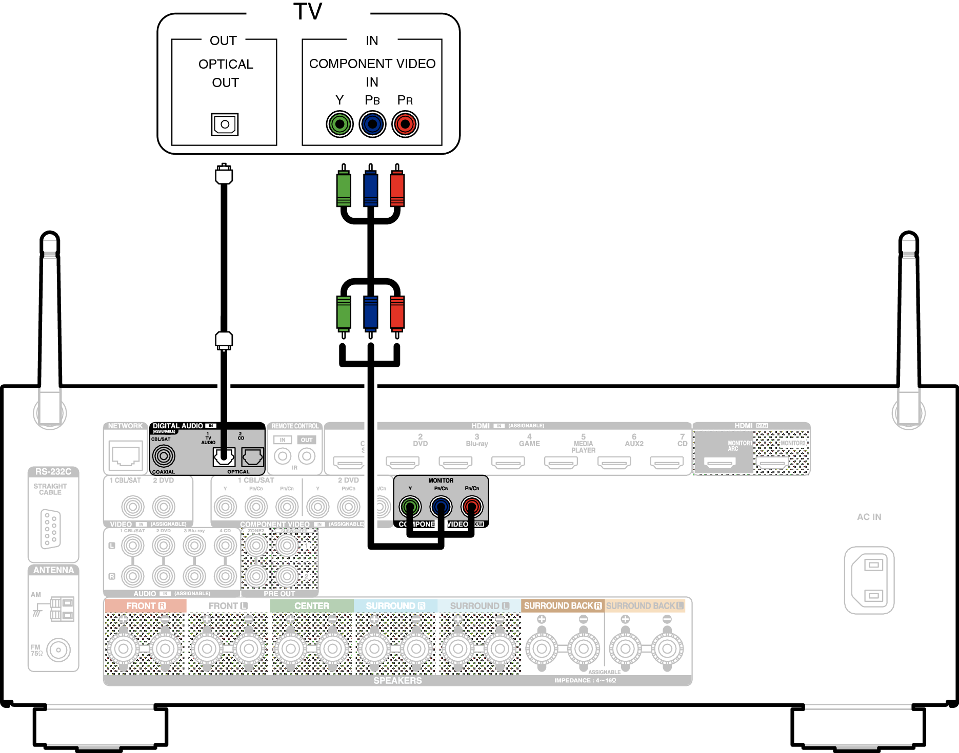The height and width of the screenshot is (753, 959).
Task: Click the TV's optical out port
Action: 225,124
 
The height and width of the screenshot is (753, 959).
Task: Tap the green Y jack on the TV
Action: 339,124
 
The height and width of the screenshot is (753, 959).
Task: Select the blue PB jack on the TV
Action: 372,124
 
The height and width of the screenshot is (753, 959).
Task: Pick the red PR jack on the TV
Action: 405,124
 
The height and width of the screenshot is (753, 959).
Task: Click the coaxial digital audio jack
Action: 164,455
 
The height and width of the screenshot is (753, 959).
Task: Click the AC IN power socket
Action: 869,580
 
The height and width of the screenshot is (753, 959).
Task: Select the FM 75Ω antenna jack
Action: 58,650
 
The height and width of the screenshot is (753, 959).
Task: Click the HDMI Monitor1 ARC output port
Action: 720,463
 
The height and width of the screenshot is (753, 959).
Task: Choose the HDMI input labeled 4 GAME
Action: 508,463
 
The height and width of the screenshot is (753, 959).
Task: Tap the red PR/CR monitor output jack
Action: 472,507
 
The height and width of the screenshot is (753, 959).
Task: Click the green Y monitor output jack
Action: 410,507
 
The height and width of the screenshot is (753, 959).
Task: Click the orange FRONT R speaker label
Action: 146,605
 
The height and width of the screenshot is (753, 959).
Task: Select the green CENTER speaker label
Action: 312,605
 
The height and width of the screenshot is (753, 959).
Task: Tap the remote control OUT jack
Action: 307,455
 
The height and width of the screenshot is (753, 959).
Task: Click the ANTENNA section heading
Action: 53,570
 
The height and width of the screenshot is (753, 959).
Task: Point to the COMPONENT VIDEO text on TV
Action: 372,64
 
